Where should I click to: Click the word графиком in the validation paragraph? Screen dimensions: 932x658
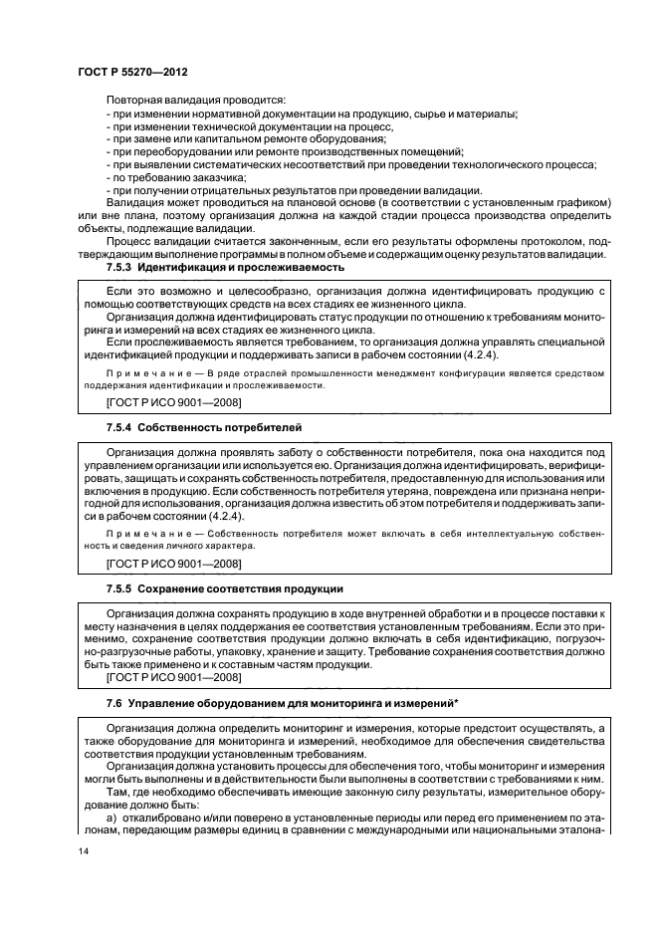(x=581, y=202)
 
